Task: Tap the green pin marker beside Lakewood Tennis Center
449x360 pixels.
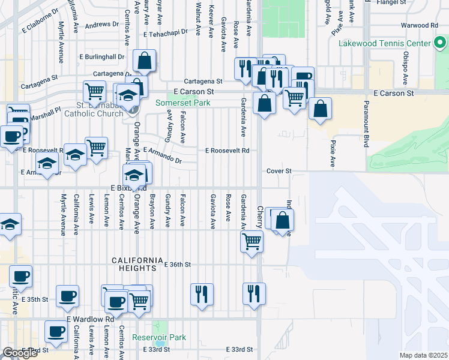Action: pos(439,43)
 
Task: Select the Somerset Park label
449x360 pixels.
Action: pos(182,103)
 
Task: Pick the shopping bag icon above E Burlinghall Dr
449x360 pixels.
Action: pos(145,61)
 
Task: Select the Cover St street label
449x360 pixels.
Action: pos(279,171)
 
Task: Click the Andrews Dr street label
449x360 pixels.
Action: pos(101,25)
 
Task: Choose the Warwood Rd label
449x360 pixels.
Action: pos(420,26)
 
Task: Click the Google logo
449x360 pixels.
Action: pos(20,353)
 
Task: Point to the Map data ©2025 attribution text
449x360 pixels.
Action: pos(424,355)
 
